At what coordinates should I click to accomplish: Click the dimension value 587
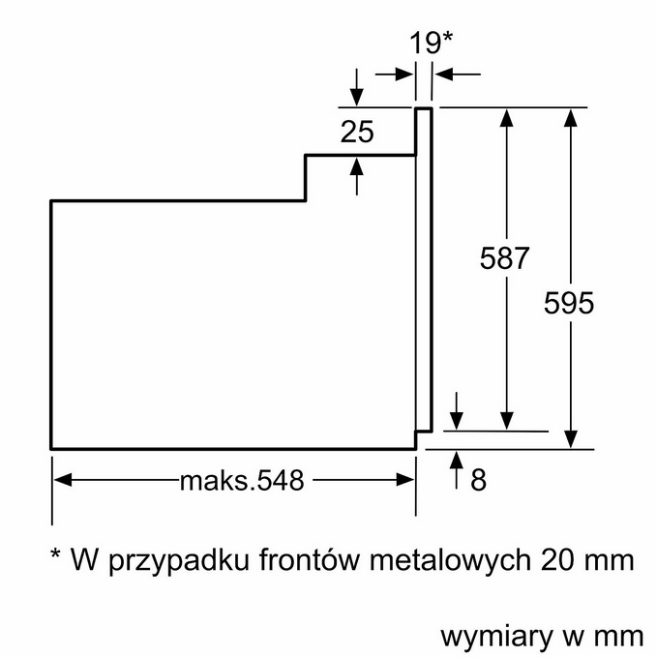pyautogui.click(x=505, y=258)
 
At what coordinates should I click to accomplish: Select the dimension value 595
pyautogui.click(x=568, y=302)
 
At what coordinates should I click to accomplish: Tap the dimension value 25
pyautogui.click(x=357, y=132)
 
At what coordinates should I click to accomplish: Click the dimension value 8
pyautogui.click(x=478, y=479)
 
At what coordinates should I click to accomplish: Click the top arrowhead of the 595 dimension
pyautogui.click(x=572, y=116)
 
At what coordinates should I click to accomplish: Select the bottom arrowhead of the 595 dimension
pyautogui.click(x=572, y=439)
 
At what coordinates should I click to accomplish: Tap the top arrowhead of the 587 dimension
pyautogui.click(x=506, y=116)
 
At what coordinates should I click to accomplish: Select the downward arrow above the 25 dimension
pyautogui.click(x=357, y=97)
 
